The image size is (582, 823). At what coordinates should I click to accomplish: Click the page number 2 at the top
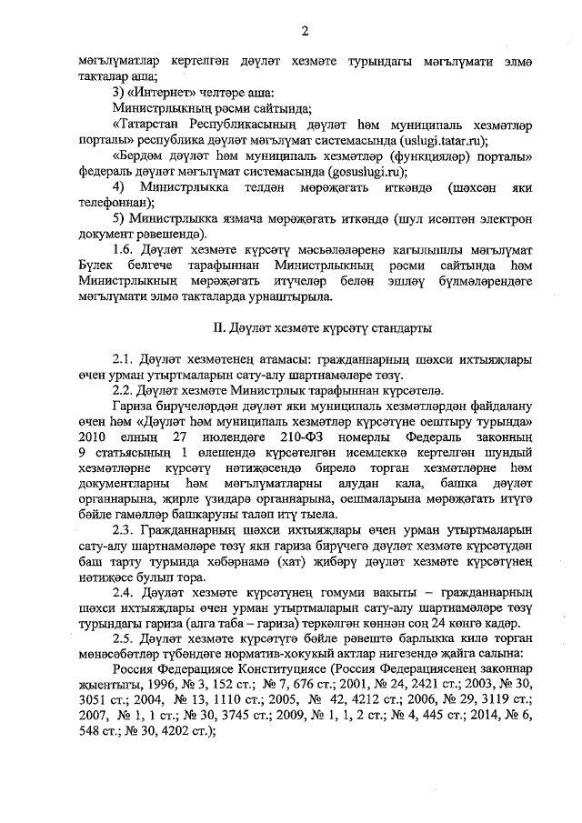tap(306, 31)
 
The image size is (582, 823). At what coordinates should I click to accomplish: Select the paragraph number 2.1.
tap(123, 358)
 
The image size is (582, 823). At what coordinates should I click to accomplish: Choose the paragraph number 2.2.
tap(123, 389)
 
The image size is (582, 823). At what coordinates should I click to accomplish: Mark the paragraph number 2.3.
tap(123, 530)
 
